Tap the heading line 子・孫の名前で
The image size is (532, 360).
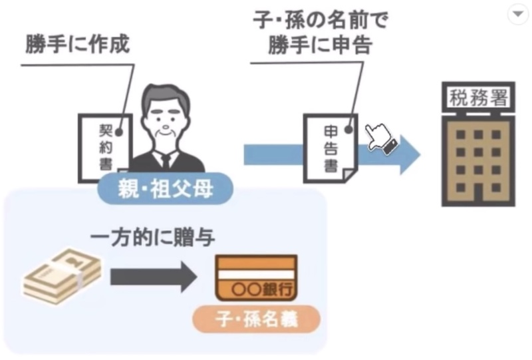[321, 20]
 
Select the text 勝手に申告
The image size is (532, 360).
[321, 44]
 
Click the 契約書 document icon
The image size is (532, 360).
[105, 148]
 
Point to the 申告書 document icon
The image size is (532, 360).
[331, 148]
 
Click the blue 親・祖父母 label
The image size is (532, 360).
[165, 188]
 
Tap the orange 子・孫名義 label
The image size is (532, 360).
[257, 319]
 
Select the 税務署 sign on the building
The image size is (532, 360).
[478, 96]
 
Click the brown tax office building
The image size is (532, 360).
[478, 160]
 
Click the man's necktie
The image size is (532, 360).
[166, 162]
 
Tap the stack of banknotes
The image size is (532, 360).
[63, 275]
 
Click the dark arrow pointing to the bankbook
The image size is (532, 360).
[154, 277]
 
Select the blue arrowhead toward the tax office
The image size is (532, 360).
[410, 154]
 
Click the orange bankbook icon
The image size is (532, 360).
[257, 277]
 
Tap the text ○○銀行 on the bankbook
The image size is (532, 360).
[262, 289]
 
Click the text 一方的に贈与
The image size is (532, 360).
[153, 238]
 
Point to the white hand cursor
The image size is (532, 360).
[380, 138]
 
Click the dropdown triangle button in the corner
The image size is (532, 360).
[518, 14]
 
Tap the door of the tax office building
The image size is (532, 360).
[478, 195]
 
